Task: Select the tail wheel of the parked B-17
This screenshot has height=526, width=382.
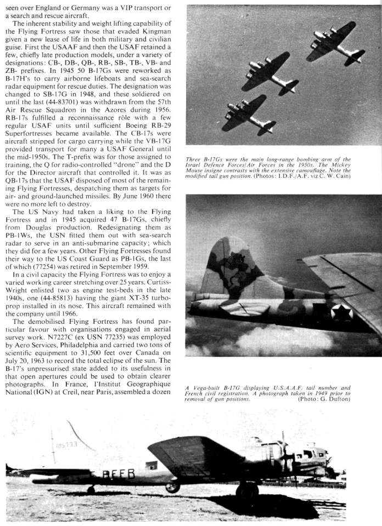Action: (x=91, y=489)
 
